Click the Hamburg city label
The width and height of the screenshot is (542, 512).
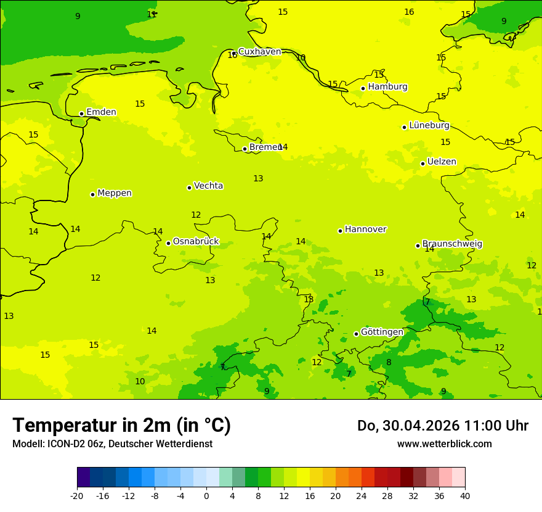(387, 87)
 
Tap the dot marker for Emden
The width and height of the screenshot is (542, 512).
(81, 114)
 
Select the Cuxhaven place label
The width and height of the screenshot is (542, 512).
(259, 52)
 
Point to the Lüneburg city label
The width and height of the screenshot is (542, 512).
(429, 126)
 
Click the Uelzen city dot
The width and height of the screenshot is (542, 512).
(423, 163)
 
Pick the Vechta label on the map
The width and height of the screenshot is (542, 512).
(208, 186)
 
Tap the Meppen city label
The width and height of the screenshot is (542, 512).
(114, 193)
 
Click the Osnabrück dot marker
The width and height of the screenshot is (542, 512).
(168, 243)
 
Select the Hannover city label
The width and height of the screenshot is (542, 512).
(365, 229)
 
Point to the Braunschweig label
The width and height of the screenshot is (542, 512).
(451, 244)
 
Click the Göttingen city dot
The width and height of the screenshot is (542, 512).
(356, 334)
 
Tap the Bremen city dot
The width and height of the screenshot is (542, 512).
(245, 149)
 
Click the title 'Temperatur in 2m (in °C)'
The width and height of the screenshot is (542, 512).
(121, 426)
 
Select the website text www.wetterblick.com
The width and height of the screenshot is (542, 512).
(444, 444)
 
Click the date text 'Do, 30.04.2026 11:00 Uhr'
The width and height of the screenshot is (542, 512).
(442, 426)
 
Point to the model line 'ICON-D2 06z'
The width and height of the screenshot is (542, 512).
(112, 444)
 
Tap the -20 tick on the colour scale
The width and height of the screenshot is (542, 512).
(77, 496)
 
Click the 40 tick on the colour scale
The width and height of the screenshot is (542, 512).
(465, 496)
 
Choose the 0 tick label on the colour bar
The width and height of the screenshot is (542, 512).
(206, 496)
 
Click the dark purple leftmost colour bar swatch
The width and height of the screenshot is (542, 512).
(83, 477)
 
